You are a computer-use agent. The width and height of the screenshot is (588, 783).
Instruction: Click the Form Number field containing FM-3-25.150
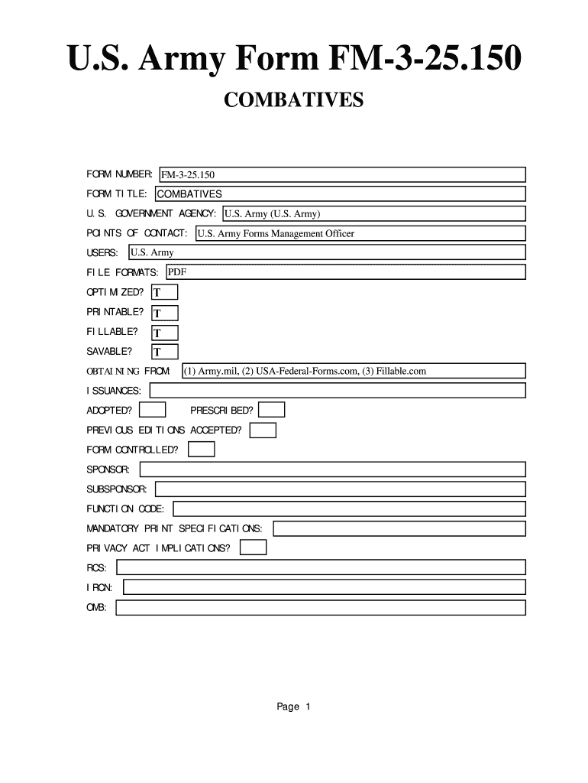341,175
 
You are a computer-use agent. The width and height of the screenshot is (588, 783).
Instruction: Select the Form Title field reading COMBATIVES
340,194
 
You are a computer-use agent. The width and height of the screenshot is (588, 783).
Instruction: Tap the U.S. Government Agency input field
373,213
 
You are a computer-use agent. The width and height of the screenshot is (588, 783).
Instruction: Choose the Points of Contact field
360,233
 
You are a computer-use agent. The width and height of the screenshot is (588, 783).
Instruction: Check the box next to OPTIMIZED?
164,292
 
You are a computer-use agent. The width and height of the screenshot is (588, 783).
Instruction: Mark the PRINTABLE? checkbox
164,313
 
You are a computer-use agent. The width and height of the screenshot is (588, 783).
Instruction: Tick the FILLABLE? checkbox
164,333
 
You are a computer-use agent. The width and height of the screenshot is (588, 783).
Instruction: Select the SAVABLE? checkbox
164,352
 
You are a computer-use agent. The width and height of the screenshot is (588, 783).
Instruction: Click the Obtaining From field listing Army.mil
354,371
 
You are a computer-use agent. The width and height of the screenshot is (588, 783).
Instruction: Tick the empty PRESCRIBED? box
272,411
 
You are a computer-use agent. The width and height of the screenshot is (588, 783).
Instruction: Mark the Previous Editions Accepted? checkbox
263,430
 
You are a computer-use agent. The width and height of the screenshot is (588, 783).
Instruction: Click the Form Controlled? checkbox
202,450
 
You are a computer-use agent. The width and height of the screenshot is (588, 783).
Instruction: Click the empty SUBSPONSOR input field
341,489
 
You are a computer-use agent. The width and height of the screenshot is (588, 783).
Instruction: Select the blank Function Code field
350,508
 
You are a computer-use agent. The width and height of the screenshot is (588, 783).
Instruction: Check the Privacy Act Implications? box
254,547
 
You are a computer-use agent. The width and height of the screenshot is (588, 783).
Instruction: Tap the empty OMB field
321,608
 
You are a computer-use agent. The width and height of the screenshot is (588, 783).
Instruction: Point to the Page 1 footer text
293,707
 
